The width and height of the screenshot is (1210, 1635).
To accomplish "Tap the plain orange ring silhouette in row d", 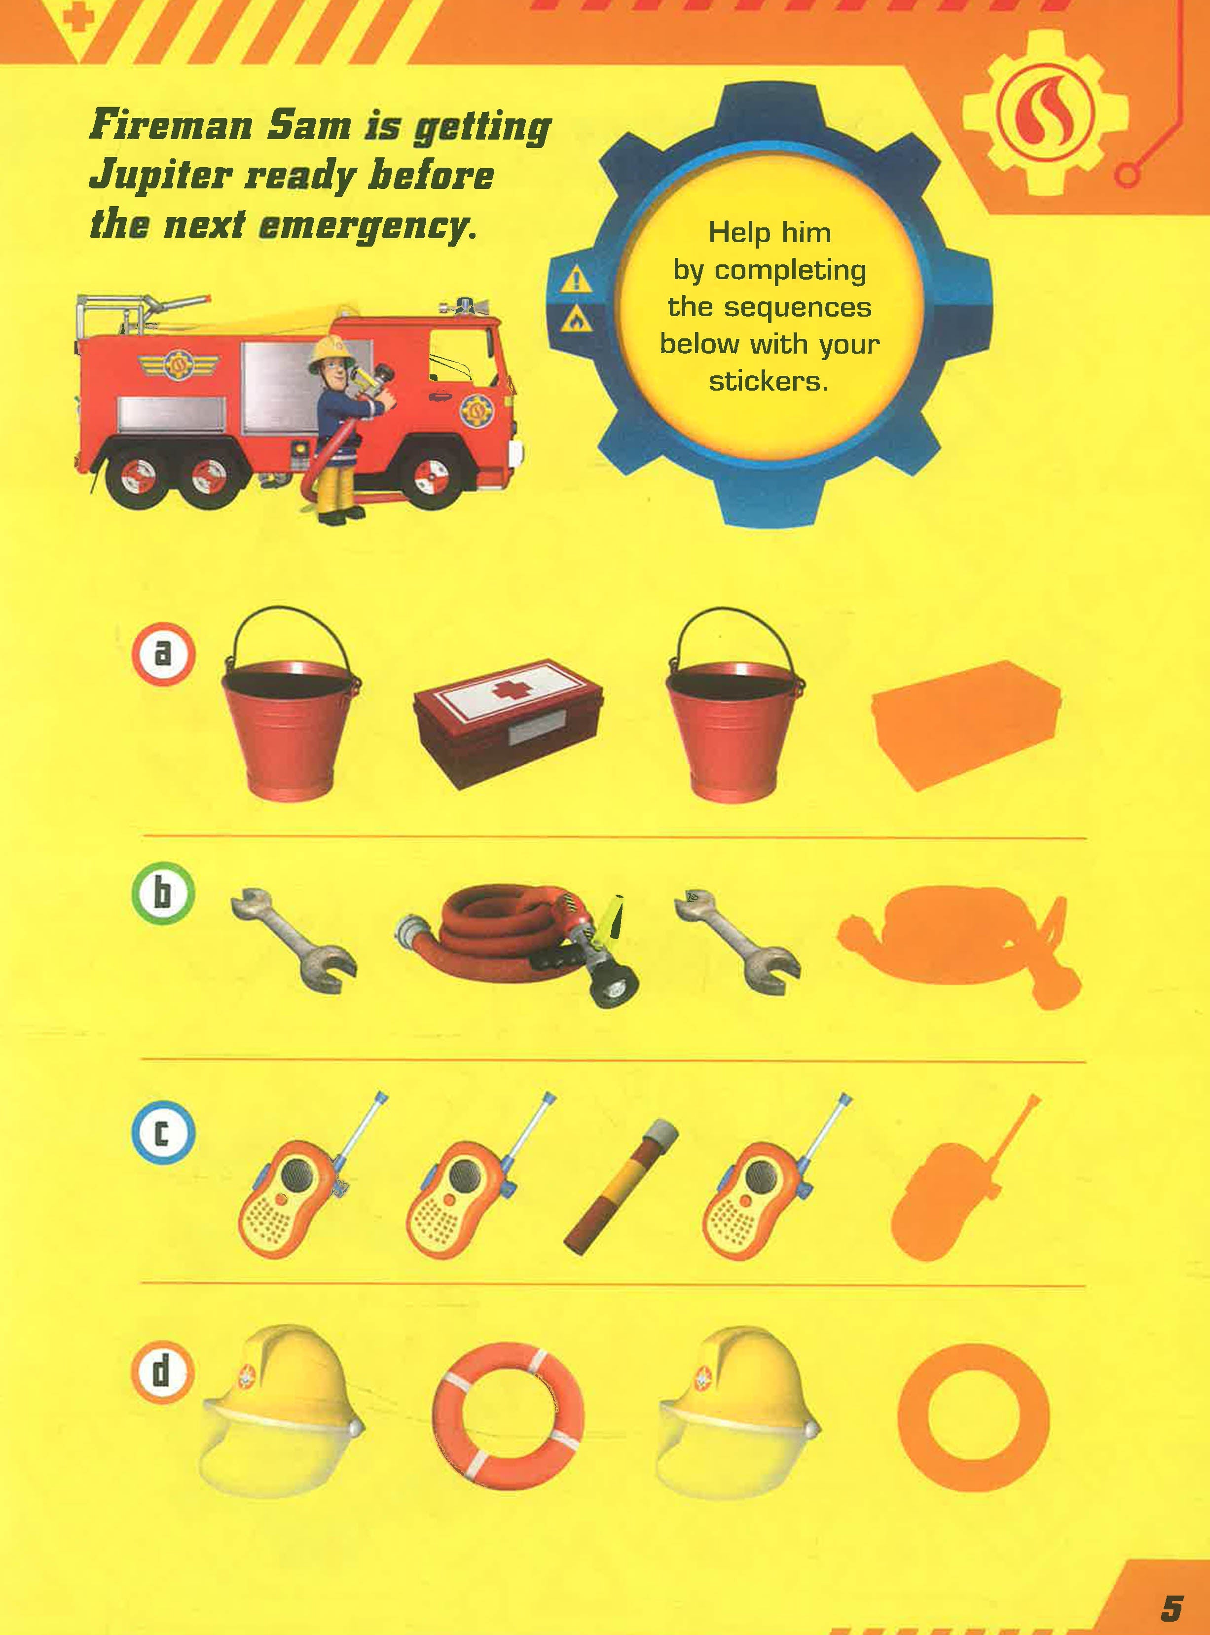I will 973,1417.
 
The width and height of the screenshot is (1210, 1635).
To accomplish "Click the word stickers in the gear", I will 769,381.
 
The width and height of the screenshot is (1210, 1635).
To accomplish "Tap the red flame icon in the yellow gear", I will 1045,113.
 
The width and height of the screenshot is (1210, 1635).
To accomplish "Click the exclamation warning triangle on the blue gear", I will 577,280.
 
